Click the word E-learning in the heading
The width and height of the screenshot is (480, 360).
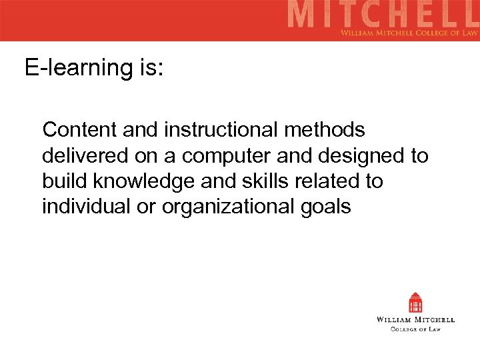coord(78,68)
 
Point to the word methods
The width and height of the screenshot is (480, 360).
coord(327,129)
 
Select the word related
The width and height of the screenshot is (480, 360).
coord(322,181)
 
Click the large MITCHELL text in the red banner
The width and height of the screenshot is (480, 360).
coord(383,15)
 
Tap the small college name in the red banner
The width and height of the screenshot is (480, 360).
coord(408,32)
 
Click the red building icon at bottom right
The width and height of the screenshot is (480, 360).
coord(416,303)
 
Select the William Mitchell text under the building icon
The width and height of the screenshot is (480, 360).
coord(415,320)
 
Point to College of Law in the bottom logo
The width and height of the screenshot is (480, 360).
coord(415,329)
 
